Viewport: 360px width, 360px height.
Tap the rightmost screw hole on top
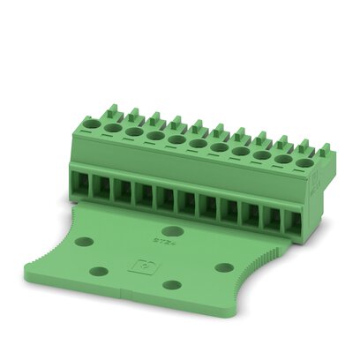[305, 162]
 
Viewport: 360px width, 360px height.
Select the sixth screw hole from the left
[198, 144]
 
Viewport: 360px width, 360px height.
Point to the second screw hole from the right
[283, 159]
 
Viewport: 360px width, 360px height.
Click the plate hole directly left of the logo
[99, 270]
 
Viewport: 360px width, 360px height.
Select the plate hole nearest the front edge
[172, 284]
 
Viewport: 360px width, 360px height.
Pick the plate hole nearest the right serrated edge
[224, 266]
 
